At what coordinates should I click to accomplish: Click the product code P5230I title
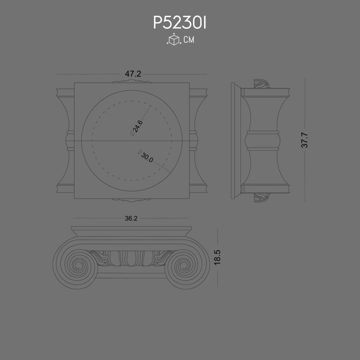180,23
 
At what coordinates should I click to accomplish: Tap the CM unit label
189,40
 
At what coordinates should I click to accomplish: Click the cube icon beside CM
173,40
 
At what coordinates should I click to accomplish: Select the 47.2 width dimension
133,74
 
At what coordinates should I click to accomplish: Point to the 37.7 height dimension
304,140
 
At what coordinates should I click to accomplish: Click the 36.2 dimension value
131,218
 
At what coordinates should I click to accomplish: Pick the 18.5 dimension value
217,257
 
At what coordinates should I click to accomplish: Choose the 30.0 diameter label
146,157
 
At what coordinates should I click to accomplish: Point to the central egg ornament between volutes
131,259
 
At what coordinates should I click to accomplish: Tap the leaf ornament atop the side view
262,84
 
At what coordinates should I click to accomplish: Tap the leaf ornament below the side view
262,197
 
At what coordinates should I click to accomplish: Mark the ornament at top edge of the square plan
131,82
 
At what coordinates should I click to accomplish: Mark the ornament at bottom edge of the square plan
131,199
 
